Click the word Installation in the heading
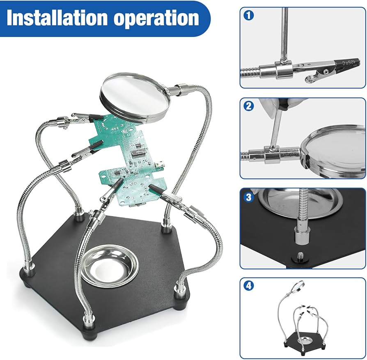tap(56, 18)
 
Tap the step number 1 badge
tap(249, 16)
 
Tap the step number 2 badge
tap(249, 106)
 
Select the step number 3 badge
tap(249, 197)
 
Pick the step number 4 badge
tap(249, 287)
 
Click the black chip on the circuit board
tap(138, 153)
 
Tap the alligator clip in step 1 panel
tap(324, 68)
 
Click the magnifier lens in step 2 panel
tap(335, 151)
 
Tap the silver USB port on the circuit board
tap(161, 164)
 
